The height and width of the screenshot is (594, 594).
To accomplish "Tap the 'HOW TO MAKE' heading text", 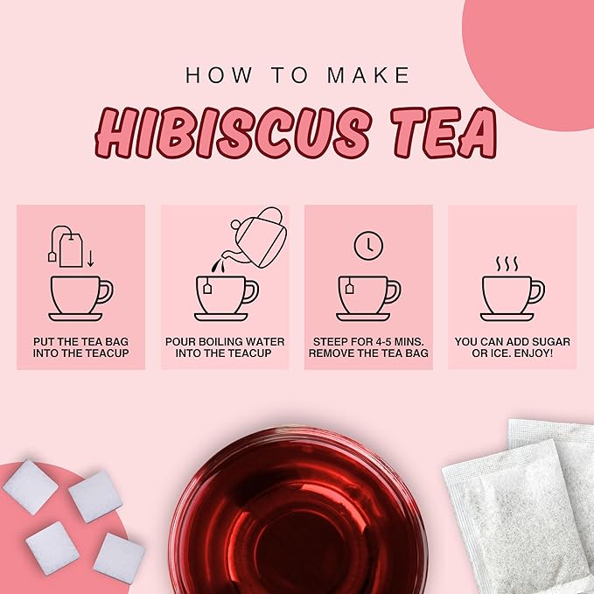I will point(297,75).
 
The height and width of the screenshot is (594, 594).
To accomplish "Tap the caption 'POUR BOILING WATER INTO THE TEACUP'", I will point(224,346).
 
